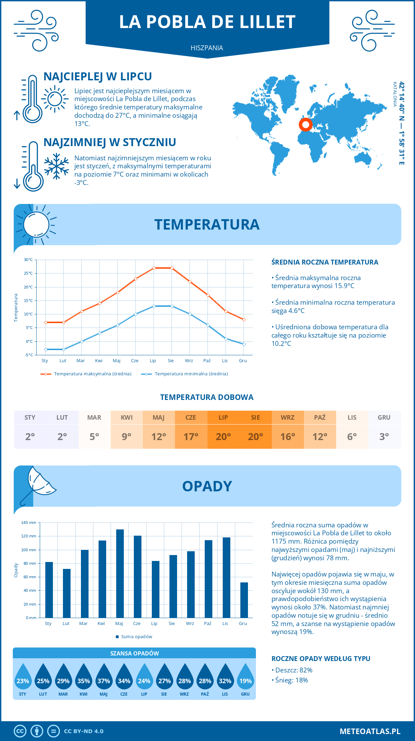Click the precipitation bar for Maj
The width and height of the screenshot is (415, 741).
pyautogui.click(x=120, y=573)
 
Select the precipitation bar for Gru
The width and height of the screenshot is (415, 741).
pyautogui.click(x=244, y=600)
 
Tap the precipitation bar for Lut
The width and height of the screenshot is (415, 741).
pyautogui.click(x=67, y=593)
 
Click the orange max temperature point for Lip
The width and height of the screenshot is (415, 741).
pyautogui.click(x=154, y=268)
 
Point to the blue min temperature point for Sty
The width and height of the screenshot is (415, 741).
pyautogui.click(x=46, y=349)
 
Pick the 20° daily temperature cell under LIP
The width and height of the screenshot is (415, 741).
pyautogui.click(x=223, y=436)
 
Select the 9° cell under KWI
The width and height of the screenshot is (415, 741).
pyautogui.click(x=127, y=436)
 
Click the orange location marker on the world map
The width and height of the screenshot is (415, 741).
pyautogui.click(x=305, y=125)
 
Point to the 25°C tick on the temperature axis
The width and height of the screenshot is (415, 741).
pyautogui.click(x=28, y=273)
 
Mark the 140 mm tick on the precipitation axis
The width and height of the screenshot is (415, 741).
pyautogui.click(x=29, y=523)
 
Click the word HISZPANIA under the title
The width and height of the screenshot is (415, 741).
pyautogui.click(x=207, y=48)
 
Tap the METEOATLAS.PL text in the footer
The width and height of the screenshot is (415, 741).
pyautogui.click(x=370, y=731)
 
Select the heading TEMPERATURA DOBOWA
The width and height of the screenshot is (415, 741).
pyautogui.click(x=207, y=397)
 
